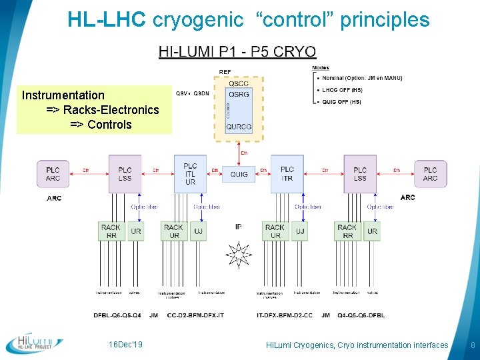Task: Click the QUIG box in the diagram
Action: (239, 175)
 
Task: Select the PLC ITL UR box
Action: (190, 173)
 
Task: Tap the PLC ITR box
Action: (287, 174)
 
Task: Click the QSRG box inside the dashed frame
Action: (239, 95)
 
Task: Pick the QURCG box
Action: (239, 127)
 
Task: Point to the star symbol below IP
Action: (239, 254)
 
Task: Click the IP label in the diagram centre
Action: (239, 227)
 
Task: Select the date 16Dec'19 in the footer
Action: (126, 345)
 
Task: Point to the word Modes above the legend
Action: (321, 67)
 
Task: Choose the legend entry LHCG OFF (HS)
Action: (342, 90)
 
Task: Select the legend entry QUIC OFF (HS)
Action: (341, 102)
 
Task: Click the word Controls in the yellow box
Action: (109, 124)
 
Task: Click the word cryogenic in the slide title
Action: (198, 20)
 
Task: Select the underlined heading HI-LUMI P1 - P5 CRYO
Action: (237, 52)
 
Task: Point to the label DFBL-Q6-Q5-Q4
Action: (117, 315)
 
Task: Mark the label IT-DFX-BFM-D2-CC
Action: (285, 315)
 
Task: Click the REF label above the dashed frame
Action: (225, 72)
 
